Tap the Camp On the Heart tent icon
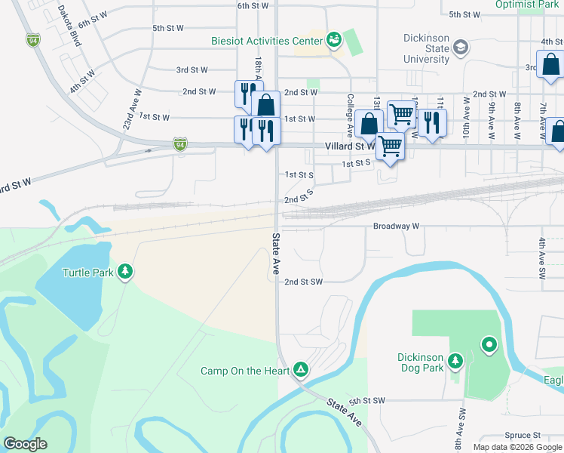pyautogui.click(x=300, y=369)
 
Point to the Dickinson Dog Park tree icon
pyautogui.click(x=455, y=362)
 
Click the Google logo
pyautogui.click(x=25, y=444)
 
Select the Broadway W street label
pyautogui.click(x=396, y=226)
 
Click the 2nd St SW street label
pyautogui.click(x=303, y=282)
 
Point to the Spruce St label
pyautogui.click(x=523, y=436)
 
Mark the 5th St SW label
pyautogui.click(x=367, y=401)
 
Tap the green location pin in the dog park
pyautogui.click(x=489, y=346)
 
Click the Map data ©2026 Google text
pyautogui.click(x=516, y=447)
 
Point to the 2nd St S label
pyautogui.click(x=299, y=197)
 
